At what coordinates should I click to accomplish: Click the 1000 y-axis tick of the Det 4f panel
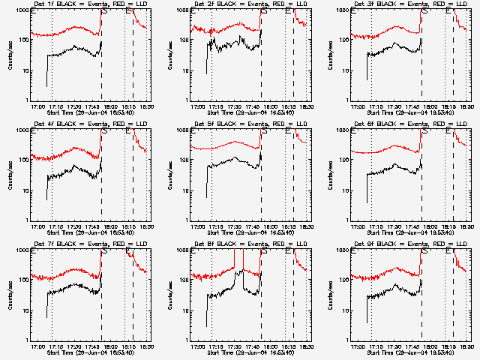(22, 130)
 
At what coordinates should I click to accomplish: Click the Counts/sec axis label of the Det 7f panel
(10, 295)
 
